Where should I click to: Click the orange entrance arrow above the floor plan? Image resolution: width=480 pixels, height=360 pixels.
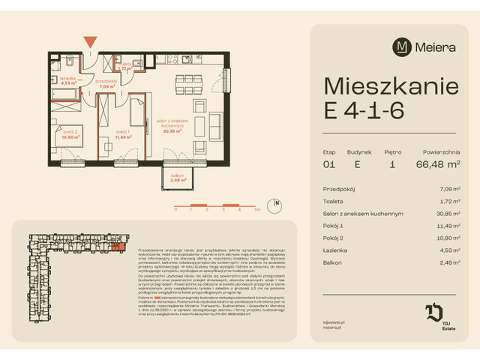coord(90,42)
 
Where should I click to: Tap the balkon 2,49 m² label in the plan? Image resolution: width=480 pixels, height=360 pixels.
coord(178,178)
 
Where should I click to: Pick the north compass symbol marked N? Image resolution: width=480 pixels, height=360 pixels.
coord(277,202)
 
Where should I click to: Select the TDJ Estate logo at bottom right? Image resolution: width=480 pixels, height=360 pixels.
coord(436,314)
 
